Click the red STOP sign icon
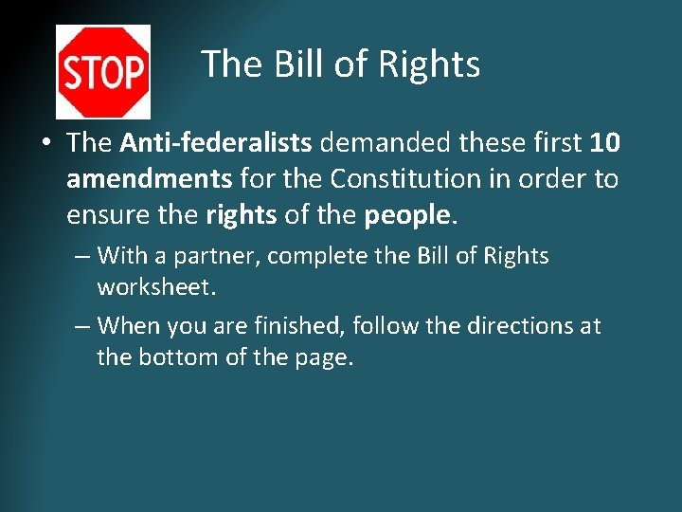(102, 71)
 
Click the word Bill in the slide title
(296, 64)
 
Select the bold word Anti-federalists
(216, 143)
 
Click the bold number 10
(604, 143)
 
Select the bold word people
(406, 215)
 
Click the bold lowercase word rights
(241, 215)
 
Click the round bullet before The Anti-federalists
(45, 144)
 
